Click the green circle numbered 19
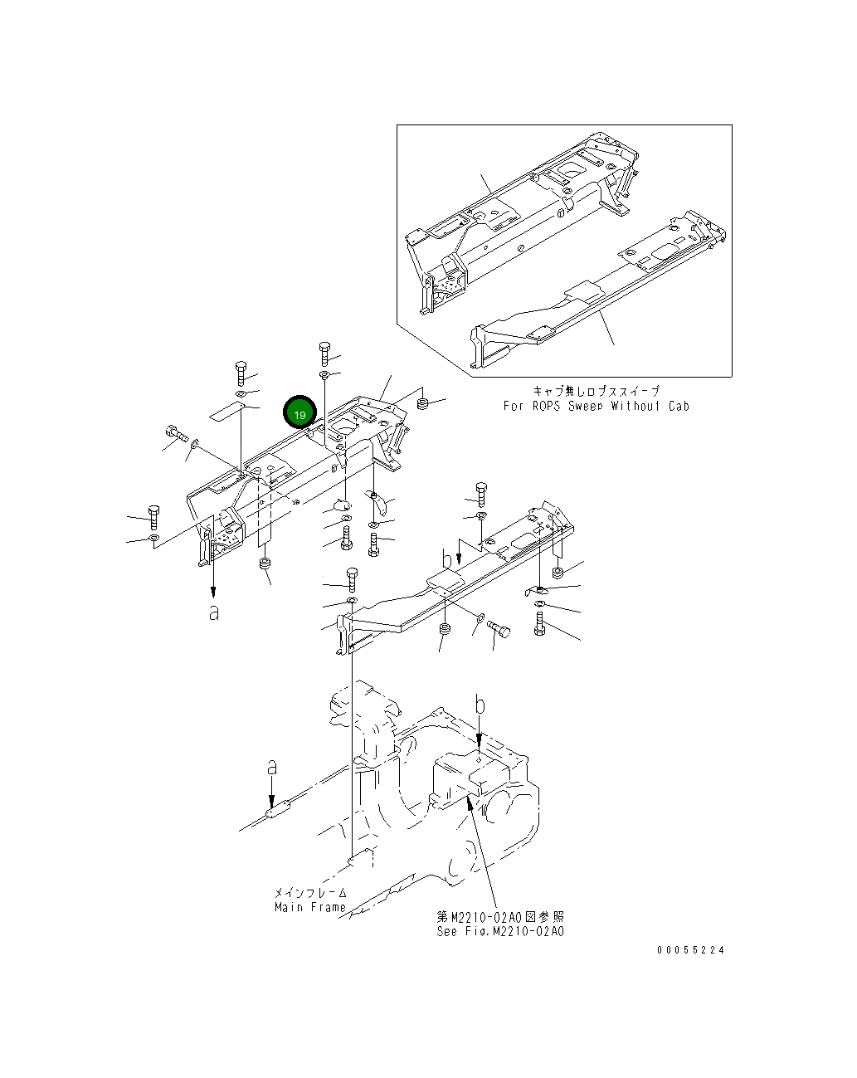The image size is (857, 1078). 299,413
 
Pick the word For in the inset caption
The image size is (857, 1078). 514,406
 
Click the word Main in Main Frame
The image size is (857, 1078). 290,907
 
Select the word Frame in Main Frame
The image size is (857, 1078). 329,907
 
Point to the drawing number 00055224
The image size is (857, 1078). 690,950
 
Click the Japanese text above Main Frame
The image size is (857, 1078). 310,893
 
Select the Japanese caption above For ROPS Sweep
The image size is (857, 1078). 596,391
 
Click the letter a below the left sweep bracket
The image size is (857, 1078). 214,613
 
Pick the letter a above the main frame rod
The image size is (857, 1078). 271,768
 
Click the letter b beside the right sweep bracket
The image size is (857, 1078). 447,557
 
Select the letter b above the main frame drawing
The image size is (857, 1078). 480,705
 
